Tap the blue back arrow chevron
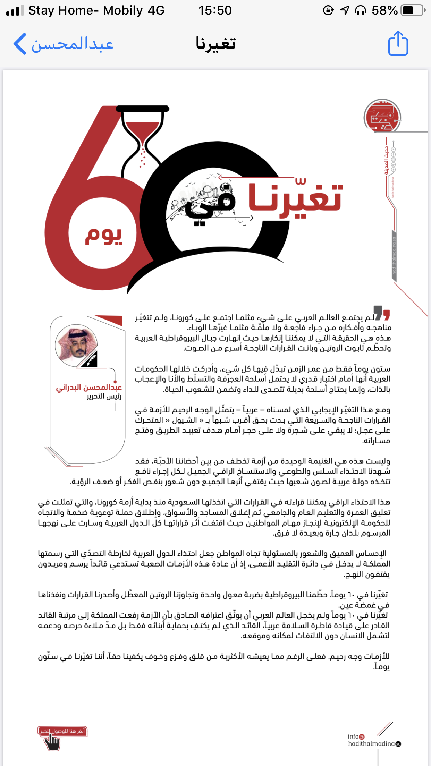tap(20, 44)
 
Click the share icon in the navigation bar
tap(398, 43)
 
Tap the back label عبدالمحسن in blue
tap(73, 44)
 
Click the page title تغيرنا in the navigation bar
tap(215, 44)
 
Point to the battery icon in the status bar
tap(413, 10)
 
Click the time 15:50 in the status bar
tap(215, 10)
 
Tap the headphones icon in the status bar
tap(361, 11)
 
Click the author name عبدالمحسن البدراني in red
tap(89, 387)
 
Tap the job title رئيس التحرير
tap(104, 396)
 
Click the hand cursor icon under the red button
tap(52, 742)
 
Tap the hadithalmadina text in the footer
tap(371, 744)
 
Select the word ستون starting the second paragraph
tap(381, 369)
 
